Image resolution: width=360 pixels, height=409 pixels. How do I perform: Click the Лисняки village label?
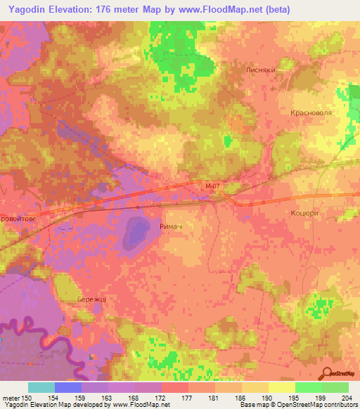tap(279, 71)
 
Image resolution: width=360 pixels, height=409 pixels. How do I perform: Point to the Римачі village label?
tap(172, 226)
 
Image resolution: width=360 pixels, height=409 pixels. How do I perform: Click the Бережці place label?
tap(91, 299)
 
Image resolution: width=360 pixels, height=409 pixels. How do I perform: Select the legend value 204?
tap(344, 397)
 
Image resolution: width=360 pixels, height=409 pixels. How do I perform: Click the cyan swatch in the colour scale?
tap(41, 387)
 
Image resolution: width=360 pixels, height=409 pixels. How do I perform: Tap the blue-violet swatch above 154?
tap(68, 387)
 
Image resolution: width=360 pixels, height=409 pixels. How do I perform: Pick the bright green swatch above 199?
tap(308, 387)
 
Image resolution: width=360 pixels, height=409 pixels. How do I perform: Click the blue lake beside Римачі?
tap(136, 232)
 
